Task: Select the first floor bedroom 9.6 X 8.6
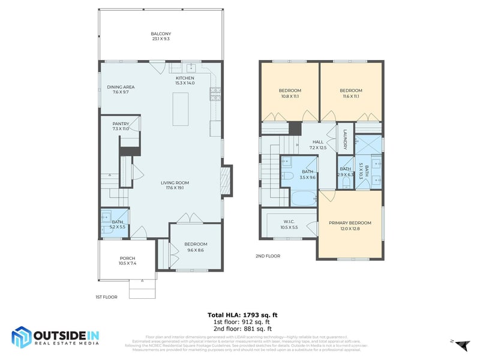pyautogui.click(x=195, y=247)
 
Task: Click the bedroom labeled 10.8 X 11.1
pyautogui.click(x=290, y=93)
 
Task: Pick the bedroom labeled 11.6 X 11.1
pyautogui.click(x=350, y=93)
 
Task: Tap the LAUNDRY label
pyautogui.click(x=346, y=142)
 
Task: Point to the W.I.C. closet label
pyautogui.click(x=289, y=224)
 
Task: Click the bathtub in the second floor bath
pyautogui.click(x=304, y=197)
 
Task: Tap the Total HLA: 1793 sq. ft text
pyautogui.click(x=242, y=314)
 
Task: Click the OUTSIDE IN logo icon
pyautogui.click(x=22, y=337)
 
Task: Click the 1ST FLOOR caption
pyautogui.click(x=106, y=297)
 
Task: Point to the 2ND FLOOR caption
pyautogui.click(x=268, y=256)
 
